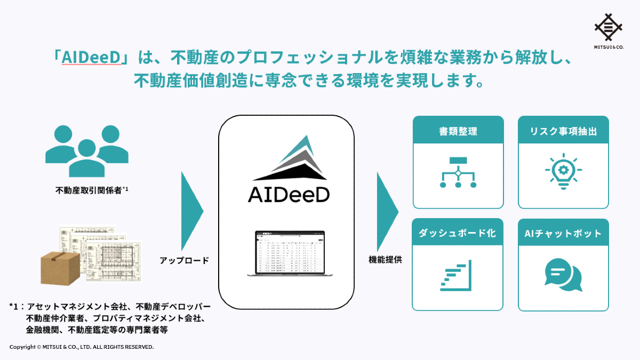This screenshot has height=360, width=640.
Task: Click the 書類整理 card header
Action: (x=458, y=131)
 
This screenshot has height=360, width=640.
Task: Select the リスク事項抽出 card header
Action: (x=563, y=131)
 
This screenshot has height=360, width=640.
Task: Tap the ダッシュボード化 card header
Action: (x=458, y=233)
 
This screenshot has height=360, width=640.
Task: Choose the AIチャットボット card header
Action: (x=563, y=233)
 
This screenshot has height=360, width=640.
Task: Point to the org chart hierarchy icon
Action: (x=458, y=172)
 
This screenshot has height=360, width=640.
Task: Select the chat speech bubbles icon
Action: (x=563, y=275)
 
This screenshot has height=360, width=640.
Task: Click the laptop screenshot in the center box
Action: (x=290, y=253)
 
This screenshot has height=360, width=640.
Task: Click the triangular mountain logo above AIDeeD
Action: (x=289, y=158)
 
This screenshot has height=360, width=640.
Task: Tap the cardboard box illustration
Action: (x=60, y=268)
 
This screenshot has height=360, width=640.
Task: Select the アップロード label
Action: (x=184, y=261)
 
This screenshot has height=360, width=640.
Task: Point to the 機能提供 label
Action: (x=385, y=260)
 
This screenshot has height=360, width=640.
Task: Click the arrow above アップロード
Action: (x=191, y=210)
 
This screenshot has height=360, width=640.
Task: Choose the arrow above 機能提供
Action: (x=386, y=210)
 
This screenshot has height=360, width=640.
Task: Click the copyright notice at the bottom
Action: (x=82, y=347)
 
